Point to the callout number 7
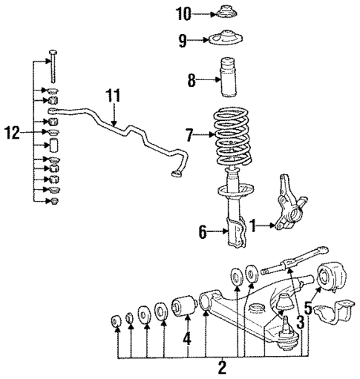tap(191, 136)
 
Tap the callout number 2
tap(222, 366)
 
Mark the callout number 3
tap(301, 320)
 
